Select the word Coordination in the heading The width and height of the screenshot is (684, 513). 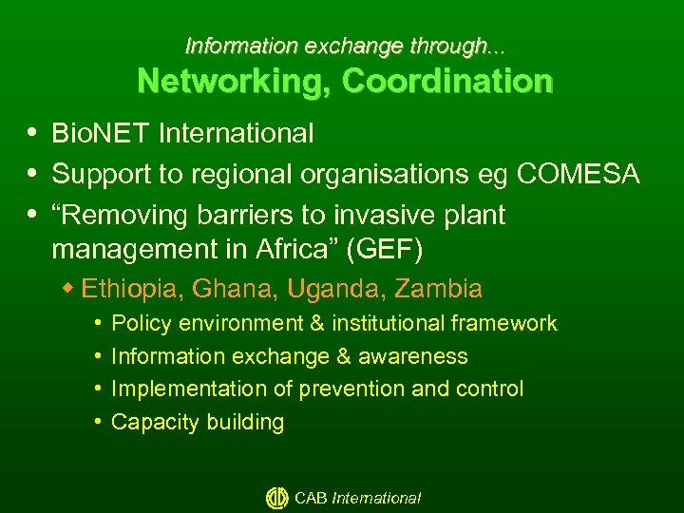447,81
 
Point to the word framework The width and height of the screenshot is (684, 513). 504,324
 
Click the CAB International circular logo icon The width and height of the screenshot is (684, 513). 276,497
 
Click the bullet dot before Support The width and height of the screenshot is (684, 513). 34,173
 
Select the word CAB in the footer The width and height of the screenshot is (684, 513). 311,498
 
